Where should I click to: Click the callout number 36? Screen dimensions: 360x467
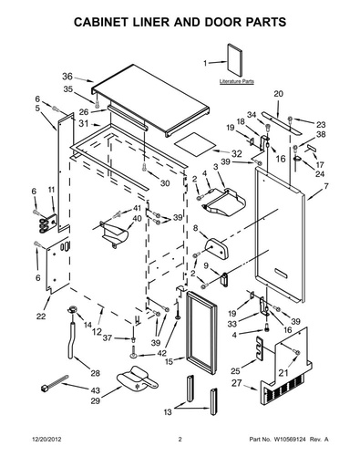[67, 77]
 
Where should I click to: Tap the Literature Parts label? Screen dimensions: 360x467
[237, 81]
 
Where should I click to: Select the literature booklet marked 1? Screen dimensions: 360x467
[235, 60]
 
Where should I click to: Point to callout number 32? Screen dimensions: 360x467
[237, 153]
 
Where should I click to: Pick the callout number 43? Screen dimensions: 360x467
[95, 390]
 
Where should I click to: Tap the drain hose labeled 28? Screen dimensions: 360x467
[73, 340]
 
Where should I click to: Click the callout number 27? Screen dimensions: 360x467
[237, 383]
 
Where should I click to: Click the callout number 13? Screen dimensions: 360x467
[168, 412]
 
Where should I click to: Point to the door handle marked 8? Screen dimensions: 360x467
[216, 248]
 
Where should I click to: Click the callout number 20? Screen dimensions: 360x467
[279, 94]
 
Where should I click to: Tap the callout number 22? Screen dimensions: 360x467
[41, 317]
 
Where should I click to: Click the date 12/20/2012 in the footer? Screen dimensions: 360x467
[46, 440]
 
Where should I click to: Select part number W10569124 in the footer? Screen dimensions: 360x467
[290, 440]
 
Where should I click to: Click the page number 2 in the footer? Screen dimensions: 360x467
[180, 440]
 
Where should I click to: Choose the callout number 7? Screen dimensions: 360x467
[326, 186]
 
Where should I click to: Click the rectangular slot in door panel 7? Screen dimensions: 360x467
[280, 273]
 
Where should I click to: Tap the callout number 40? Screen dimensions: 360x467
[138, 218]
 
